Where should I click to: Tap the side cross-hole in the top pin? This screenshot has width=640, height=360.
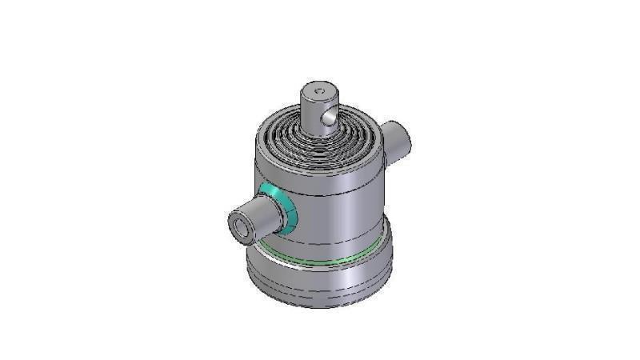(326, 119)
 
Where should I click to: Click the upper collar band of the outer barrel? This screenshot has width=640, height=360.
(320, 170)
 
